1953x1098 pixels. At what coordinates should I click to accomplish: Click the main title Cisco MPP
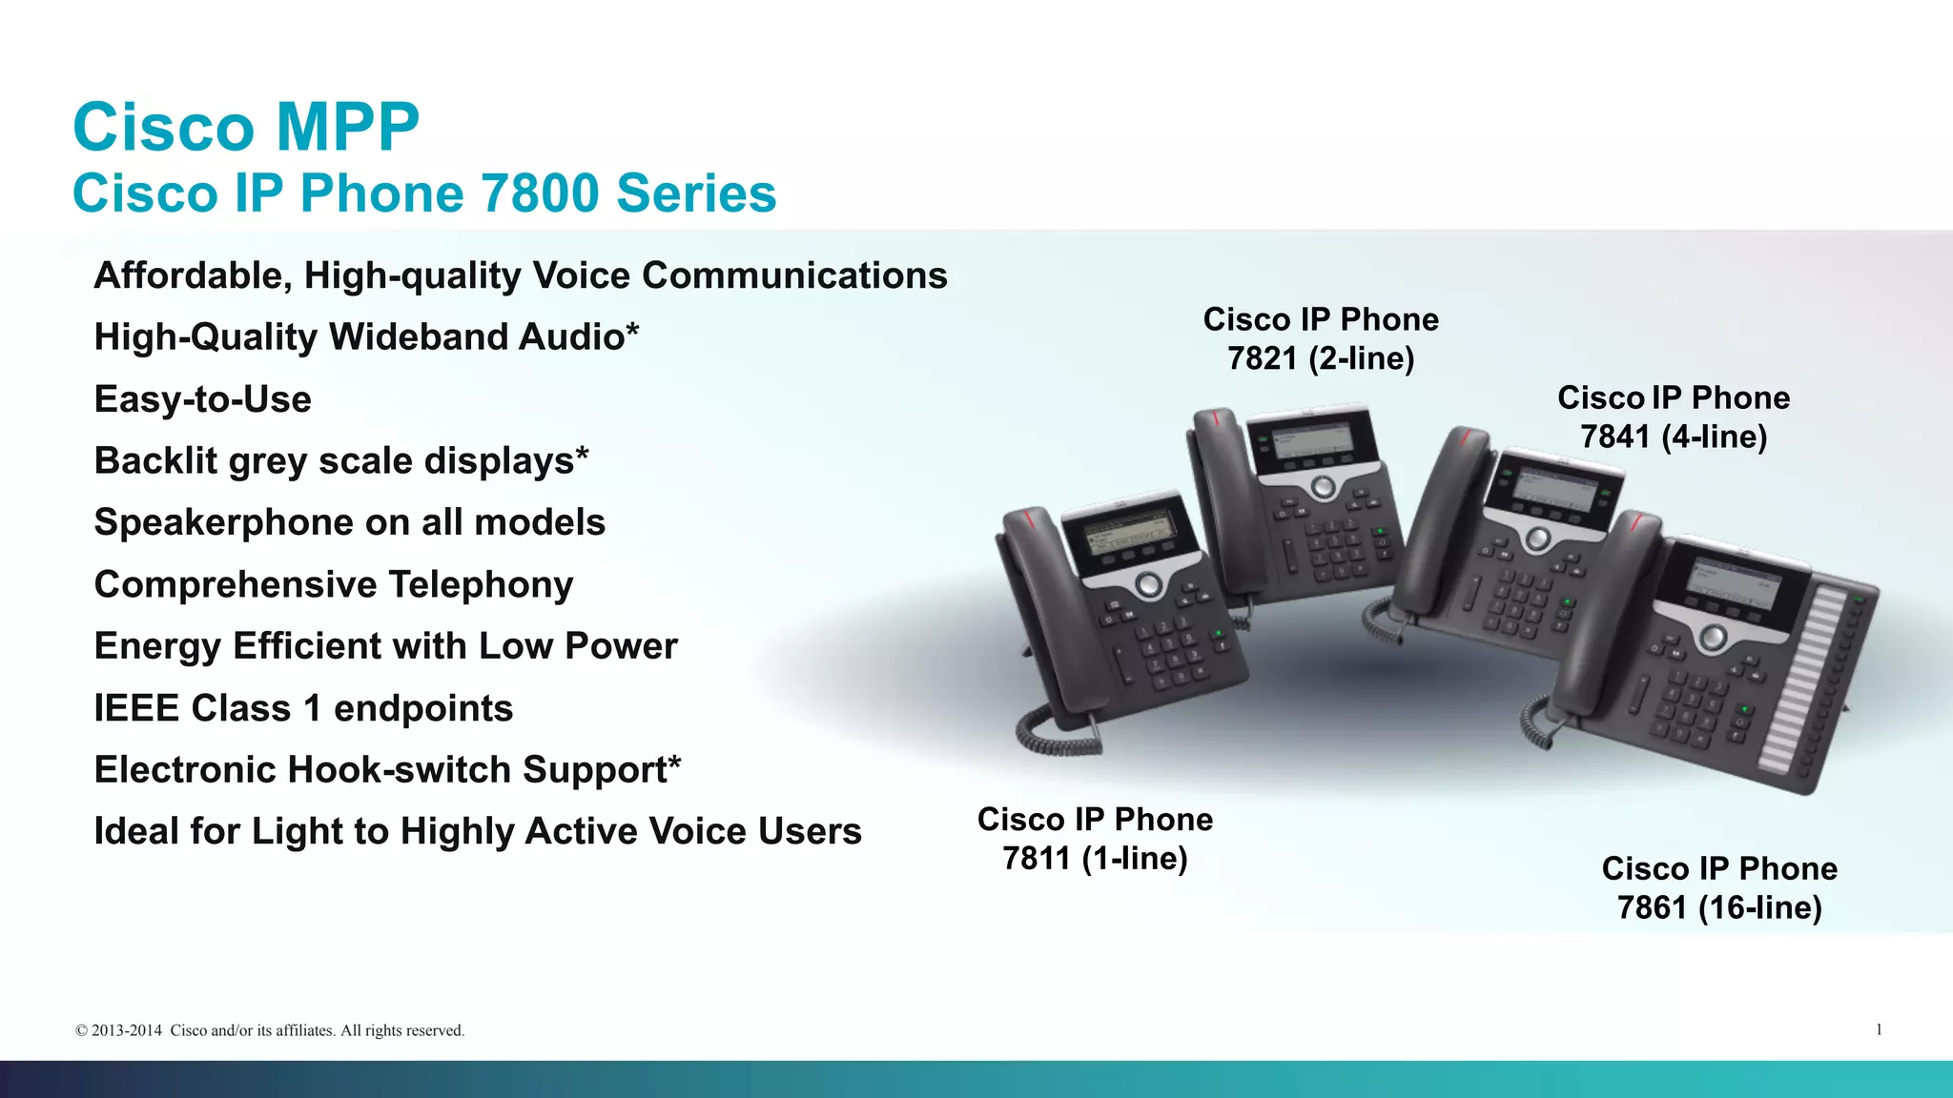(x=246, y=127)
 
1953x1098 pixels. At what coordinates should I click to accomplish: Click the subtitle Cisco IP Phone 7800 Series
(x=424, y=193)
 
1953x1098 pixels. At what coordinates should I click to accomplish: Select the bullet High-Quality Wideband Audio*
(x=366, y=337)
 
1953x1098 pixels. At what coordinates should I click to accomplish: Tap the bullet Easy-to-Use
(x=202, y=399)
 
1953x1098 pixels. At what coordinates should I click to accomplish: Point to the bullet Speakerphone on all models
(x=349, y=522)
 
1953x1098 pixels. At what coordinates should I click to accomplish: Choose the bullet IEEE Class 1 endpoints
(x=303, y=708)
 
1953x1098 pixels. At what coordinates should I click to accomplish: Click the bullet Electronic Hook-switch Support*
(x=387, y=770)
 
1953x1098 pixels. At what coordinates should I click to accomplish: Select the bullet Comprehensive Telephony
(x=334, y=584)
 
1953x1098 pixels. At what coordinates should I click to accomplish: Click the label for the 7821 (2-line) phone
(x=1321, y=338)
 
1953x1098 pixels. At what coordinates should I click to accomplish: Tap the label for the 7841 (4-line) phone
(x=1674, y=417)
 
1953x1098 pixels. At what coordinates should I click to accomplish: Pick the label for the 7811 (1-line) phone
(x=1095, y=839)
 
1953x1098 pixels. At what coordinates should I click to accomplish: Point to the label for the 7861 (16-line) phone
(x=1719, y=887)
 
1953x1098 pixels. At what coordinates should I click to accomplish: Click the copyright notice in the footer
(x=270, y=1030)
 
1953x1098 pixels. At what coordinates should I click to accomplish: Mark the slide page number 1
(x=1879, y=1029)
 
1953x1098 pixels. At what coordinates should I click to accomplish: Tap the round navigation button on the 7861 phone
(x=1713, y=636)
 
